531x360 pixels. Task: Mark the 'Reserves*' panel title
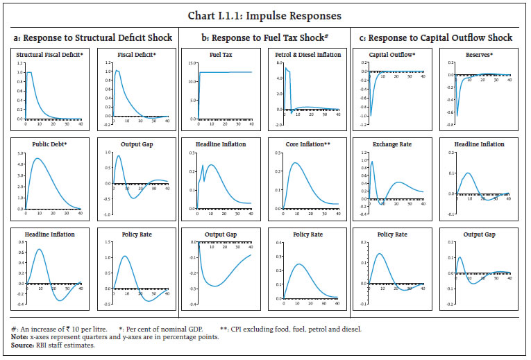(481, 54)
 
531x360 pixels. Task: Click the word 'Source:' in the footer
(22, 344)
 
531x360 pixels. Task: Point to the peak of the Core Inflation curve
(295, 163)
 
